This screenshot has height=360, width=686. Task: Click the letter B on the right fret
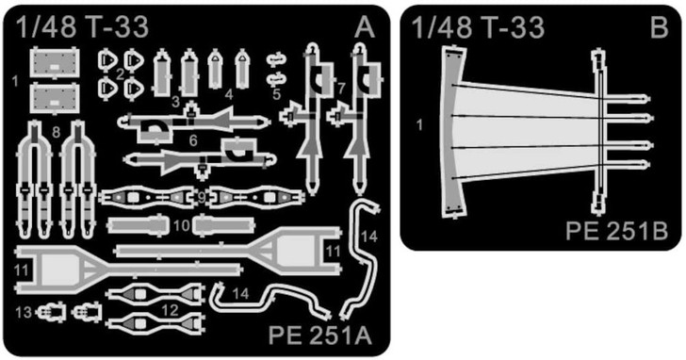tap(659, 28)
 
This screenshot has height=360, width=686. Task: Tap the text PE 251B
tap(618, 229)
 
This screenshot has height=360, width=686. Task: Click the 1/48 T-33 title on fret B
tap(478, 28)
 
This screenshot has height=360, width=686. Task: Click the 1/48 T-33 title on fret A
tap(82, 28)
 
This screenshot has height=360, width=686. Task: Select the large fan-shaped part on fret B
tap(528, 129)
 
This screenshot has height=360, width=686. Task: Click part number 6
tap(193, 140)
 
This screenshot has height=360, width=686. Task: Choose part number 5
tap(276, 93)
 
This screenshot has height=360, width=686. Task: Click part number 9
tap(202, 197)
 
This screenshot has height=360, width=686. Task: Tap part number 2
tap(121, 73)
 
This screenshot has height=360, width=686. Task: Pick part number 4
tap(229, 93)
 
